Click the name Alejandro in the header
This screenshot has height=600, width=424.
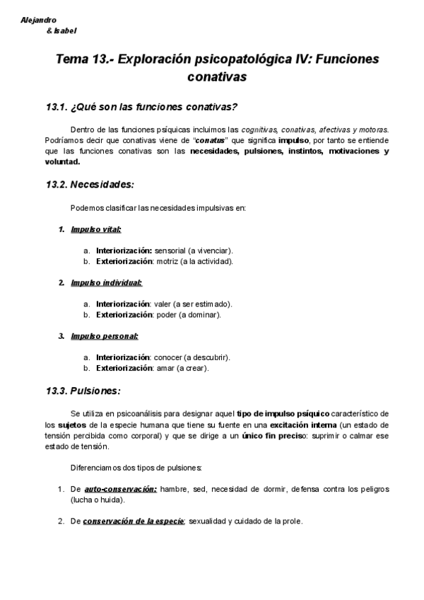tap(39, 21)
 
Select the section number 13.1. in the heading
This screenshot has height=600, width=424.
tap(56, 107)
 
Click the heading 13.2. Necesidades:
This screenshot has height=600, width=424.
tap(90, 185)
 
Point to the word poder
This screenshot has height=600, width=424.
tap(165, 314)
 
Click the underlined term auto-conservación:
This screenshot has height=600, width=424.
tap(120, 489)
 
